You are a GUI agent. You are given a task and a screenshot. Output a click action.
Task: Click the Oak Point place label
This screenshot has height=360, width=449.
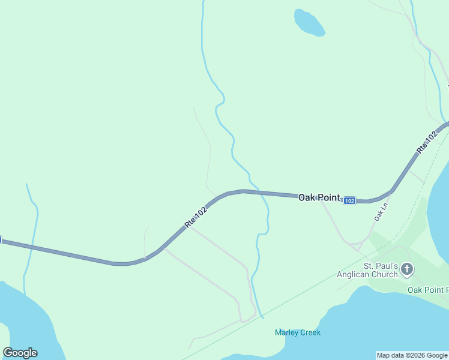coord(319,197)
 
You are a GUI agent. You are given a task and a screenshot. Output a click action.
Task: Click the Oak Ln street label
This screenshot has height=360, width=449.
coord(381,212)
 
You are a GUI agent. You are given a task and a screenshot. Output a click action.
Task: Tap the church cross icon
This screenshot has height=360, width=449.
coord(407,269)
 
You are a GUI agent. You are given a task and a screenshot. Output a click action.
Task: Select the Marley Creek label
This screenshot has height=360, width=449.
coord(298,332)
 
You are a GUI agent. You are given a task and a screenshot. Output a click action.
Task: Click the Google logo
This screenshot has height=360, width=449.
coord(20,353)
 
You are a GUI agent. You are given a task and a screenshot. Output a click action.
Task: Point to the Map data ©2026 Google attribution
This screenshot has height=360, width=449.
coord(412,355)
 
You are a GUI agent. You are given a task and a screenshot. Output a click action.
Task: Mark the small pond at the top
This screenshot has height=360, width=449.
coord(309,23)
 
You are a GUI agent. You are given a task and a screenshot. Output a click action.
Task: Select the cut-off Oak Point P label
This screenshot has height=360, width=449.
coord(428,290)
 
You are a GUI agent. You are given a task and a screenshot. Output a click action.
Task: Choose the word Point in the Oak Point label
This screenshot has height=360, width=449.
coord(329,197)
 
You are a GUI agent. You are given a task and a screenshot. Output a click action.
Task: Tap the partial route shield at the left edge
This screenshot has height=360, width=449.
coord(1,240)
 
